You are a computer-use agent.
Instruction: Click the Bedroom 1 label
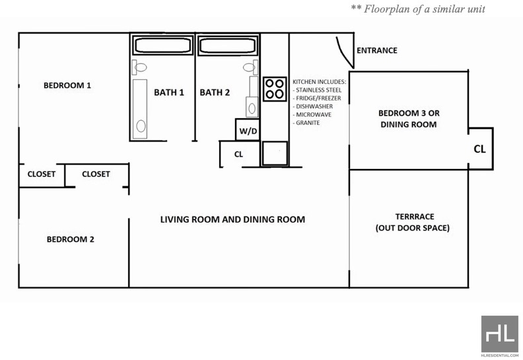tap(67, 85)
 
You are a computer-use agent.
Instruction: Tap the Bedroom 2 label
tap(71, 239)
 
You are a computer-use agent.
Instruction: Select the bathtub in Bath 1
tap(162, 46)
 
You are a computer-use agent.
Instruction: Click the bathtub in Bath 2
tap(228, 46)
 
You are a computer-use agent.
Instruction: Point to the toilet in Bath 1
tap(139, 67)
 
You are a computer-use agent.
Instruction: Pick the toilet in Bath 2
tap(250, 67)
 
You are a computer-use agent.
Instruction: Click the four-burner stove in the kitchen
tap(275, 89)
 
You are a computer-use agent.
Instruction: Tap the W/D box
tap(248, 129)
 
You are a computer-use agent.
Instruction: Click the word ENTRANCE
tap(377, 50)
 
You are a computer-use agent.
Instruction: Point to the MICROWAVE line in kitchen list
tap(312, 114)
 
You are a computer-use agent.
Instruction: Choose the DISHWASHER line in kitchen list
tap(313, 106)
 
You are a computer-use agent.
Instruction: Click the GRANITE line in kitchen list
tap(306, 123)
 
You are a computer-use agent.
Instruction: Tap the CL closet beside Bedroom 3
tap(480, 149)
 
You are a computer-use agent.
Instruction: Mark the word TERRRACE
tap(415, 217)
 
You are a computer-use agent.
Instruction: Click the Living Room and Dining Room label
tap(232, 219)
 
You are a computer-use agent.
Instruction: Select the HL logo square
tap(500, 334)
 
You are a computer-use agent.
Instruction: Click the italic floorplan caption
tap(418, 9)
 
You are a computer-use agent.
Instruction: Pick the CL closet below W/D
tap(240, 154)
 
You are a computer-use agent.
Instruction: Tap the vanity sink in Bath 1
tap(140, 109)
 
